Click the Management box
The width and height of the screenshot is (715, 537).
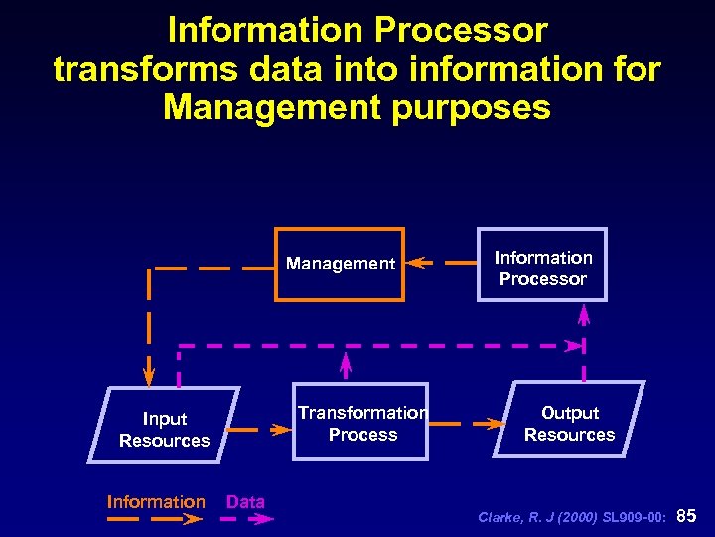point(341,265)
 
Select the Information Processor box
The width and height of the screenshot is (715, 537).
point(542,268)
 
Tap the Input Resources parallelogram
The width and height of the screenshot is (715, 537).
point(164,429)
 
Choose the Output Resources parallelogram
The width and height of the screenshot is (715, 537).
point(569,423)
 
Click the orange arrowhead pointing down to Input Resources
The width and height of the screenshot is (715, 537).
point(149,376)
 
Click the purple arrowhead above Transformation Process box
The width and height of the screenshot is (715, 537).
point(346,359)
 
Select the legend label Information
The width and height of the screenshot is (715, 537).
point(156,502)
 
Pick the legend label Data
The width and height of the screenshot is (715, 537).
point(245,502)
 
